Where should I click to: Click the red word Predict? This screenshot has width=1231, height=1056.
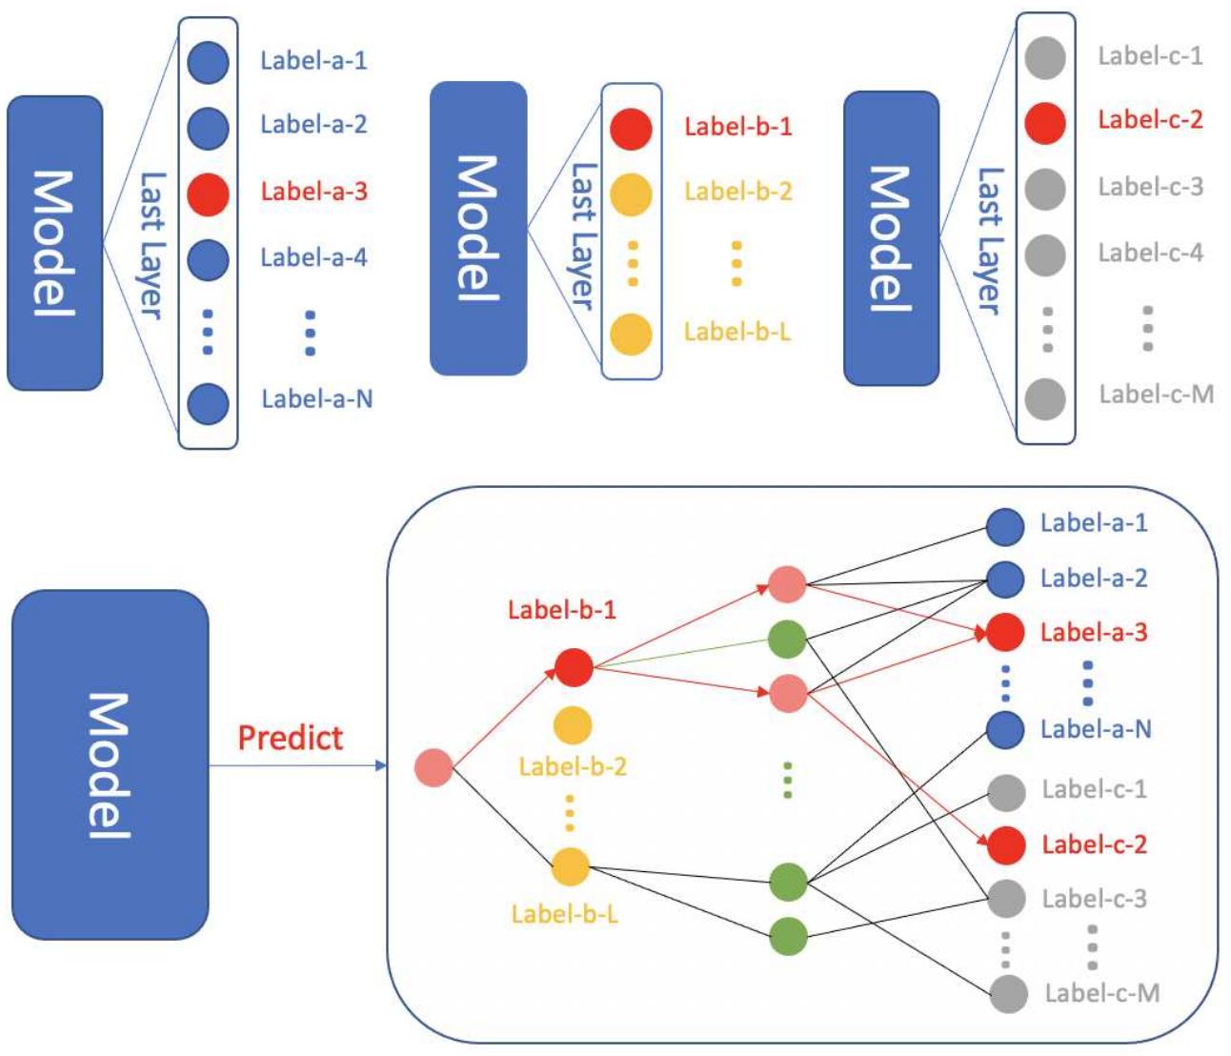(290, 738)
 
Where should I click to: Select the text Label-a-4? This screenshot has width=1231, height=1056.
(313, 257)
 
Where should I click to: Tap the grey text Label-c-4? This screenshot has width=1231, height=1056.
(1150, 253)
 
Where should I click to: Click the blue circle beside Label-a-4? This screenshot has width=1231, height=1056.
(208, 258)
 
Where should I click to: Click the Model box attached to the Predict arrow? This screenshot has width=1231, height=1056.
(110, 764)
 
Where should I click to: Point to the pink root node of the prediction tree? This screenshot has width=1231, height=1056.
(434, 767)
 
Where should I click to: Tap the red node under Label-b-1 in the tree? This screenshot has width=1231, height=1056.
(574, 667)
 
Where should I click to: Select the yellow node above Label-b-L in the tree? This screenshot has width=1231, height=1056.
(571, 866)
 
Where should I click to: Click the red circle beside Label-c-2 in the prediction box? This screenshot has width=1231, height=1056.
(1006, 844)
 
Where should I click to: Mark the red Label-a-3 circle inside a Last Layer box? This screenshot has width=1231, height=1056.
(208, 193)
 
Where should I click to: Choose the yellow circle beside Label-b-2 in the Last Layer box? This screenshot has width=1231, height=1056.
(631, 193)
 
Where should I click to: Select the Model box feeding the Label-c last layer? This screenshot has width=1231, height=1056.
(891, 238)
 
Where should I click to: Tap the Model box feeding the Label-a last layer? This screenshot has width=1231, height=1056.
(54, 243)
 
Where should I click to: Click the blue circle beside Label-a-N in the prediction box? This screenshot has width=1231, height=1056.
(1005, 730)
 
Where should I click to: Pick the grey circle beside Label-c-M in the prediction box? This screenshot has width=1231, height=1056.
(1008, 994)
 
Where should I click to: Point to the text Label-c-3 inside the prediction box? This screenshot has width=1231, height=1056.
(1094, 899)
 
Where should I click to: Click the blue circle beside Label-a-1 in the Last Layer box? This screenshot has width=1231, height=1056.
(208, 63)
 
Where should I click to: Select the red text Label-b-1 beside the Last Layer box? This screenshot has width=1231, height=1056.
(737, 127)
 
